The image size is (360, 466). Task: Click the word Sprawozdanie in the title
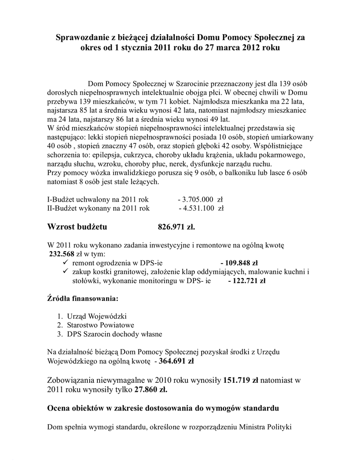click(79, 37)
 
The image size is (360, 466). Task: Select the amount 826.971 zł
click(176, 227)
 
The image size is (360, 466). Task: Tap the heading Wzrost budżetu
click(77, 227)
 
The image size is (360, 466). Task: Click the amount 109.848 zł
click(239, 263)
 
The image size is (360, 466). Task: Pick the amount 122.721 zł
click(247, 281)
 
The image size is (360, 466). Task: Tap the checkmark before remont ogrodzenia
click(65, 263)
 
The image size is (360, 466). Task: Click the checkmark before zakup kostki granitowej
click(65, 272)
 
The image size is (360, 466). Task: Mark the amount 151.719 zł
click(241, 380)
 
